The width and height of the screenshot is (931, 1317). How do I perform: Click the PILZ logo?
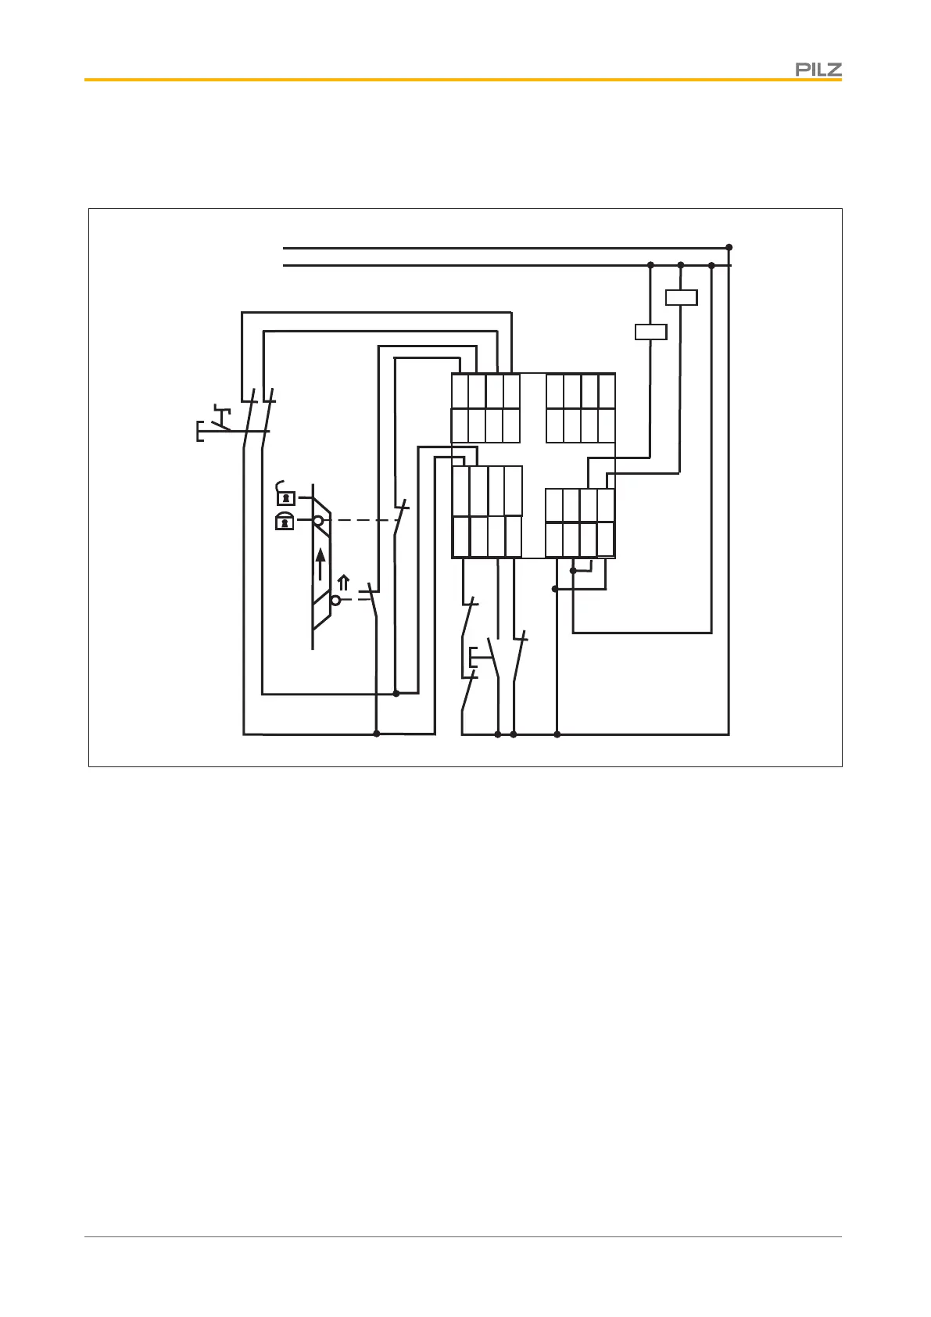pyautogui.click(x=818, y=70)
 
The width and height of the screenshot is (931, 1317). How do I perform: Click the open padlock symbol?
pyautogui.click(x=286, y=496)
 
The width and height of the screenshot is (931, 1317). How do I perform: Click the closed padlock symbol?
pyautogui.click(x=285, y=522)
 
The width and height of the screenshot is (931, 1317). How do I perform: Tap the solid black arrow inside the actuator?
pyautogui.click(x=320, y=564)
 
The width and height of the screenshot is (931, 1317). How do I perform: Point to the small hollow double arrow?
pyautogui.click(x=342, y=583)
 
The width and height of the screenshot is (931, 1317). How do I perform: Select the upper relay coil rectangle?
pyautogui.click(x=680, y=297)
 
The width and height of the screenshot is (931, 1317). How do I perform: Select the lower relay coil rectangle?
pyautogui.click(x=650, y=332)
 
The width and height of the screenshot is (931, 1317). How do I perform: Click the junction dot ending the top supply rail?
pyautogui.click(x=729, y=247)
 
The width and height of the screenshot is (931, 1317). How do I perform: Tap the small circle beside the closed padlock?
pyautogui.click(x=319, y=520)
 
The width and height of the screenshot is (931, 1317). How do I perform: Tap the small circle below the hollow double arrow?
pyautogui.click(x=336, y=600)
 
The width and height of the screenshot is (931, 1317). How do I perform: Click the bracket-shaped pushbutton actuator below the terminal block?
pyautogui.click(x=472, y=658)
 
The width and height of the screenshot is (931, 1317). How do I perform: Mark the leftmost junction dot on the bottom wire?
pyautogui.click(x=377, y=734)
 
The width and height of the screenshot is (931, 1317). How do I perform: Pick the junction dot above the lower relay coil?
pyautogui.click(x=650, y=266)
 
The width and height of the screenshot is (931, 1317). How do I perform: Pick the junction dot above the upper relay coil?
pyautogui.click(x=680, y=266)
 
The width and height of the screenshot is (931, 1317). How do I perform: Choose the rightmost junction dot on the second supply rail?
pyautogui.click(x=711, y=266)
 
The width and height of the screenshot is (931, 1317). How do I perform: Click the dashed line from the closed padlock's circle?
pyautogui.click(x=363, y=520)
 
